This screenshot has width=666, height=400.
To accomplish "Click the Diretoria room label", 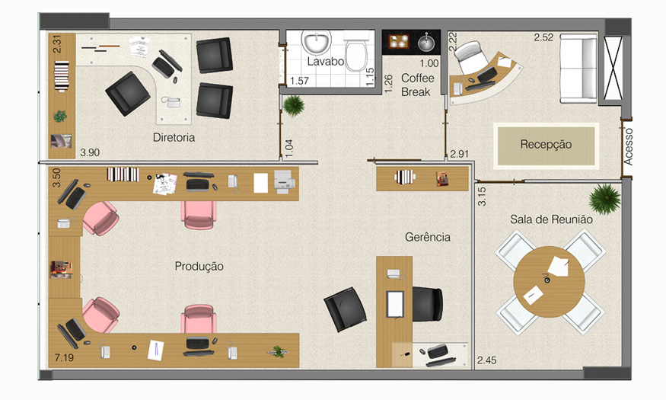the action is click(174, 137).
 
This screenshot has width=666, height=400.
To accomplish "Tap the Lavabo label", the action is click(325, 62).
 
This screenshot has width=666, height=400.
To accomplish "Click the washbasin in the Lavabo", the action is click(317, 43).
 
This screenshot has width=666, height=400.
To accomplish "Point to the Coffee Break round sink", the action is click(426, 43).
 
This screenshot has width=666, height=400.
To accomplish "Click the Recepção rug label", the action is click(546, 145).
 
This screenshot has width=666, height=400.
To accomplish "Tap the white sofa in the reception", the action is click(578, 69).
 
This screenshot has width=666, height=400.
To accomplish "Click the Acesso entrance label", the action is click(628, 146).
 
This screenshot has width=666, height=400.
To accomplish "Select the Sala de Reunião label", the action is click(551, 219).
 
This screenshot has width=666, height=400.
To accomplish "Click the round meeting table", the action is click(550, 281).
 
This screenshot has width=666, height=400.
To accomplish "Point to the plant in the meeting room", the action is click(605, 199).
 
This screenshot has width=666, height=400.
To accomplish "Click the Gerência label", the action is click(427, 237).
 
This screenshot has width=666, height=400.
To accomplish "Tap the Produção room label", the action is click(199, 267).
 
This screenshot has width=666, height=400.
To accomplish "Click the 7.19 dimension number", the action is click(64, 357).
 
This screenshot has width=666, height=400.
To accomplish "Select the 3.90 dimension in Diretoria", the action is click(90, 152).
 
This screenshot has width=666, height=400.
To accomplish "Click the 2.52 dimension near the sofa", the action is click(543, 37).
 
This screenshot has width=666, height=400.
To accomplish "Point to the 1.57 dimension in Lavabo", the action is click(299, 80).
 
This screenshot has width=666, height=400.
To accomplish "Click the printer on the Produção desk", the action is click(285, 181).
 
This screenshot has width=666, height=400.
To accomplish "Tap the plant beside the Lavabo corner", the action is click(294, 105).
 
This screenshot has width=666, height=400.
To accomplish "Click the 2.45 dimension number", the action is click(486, 360).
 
